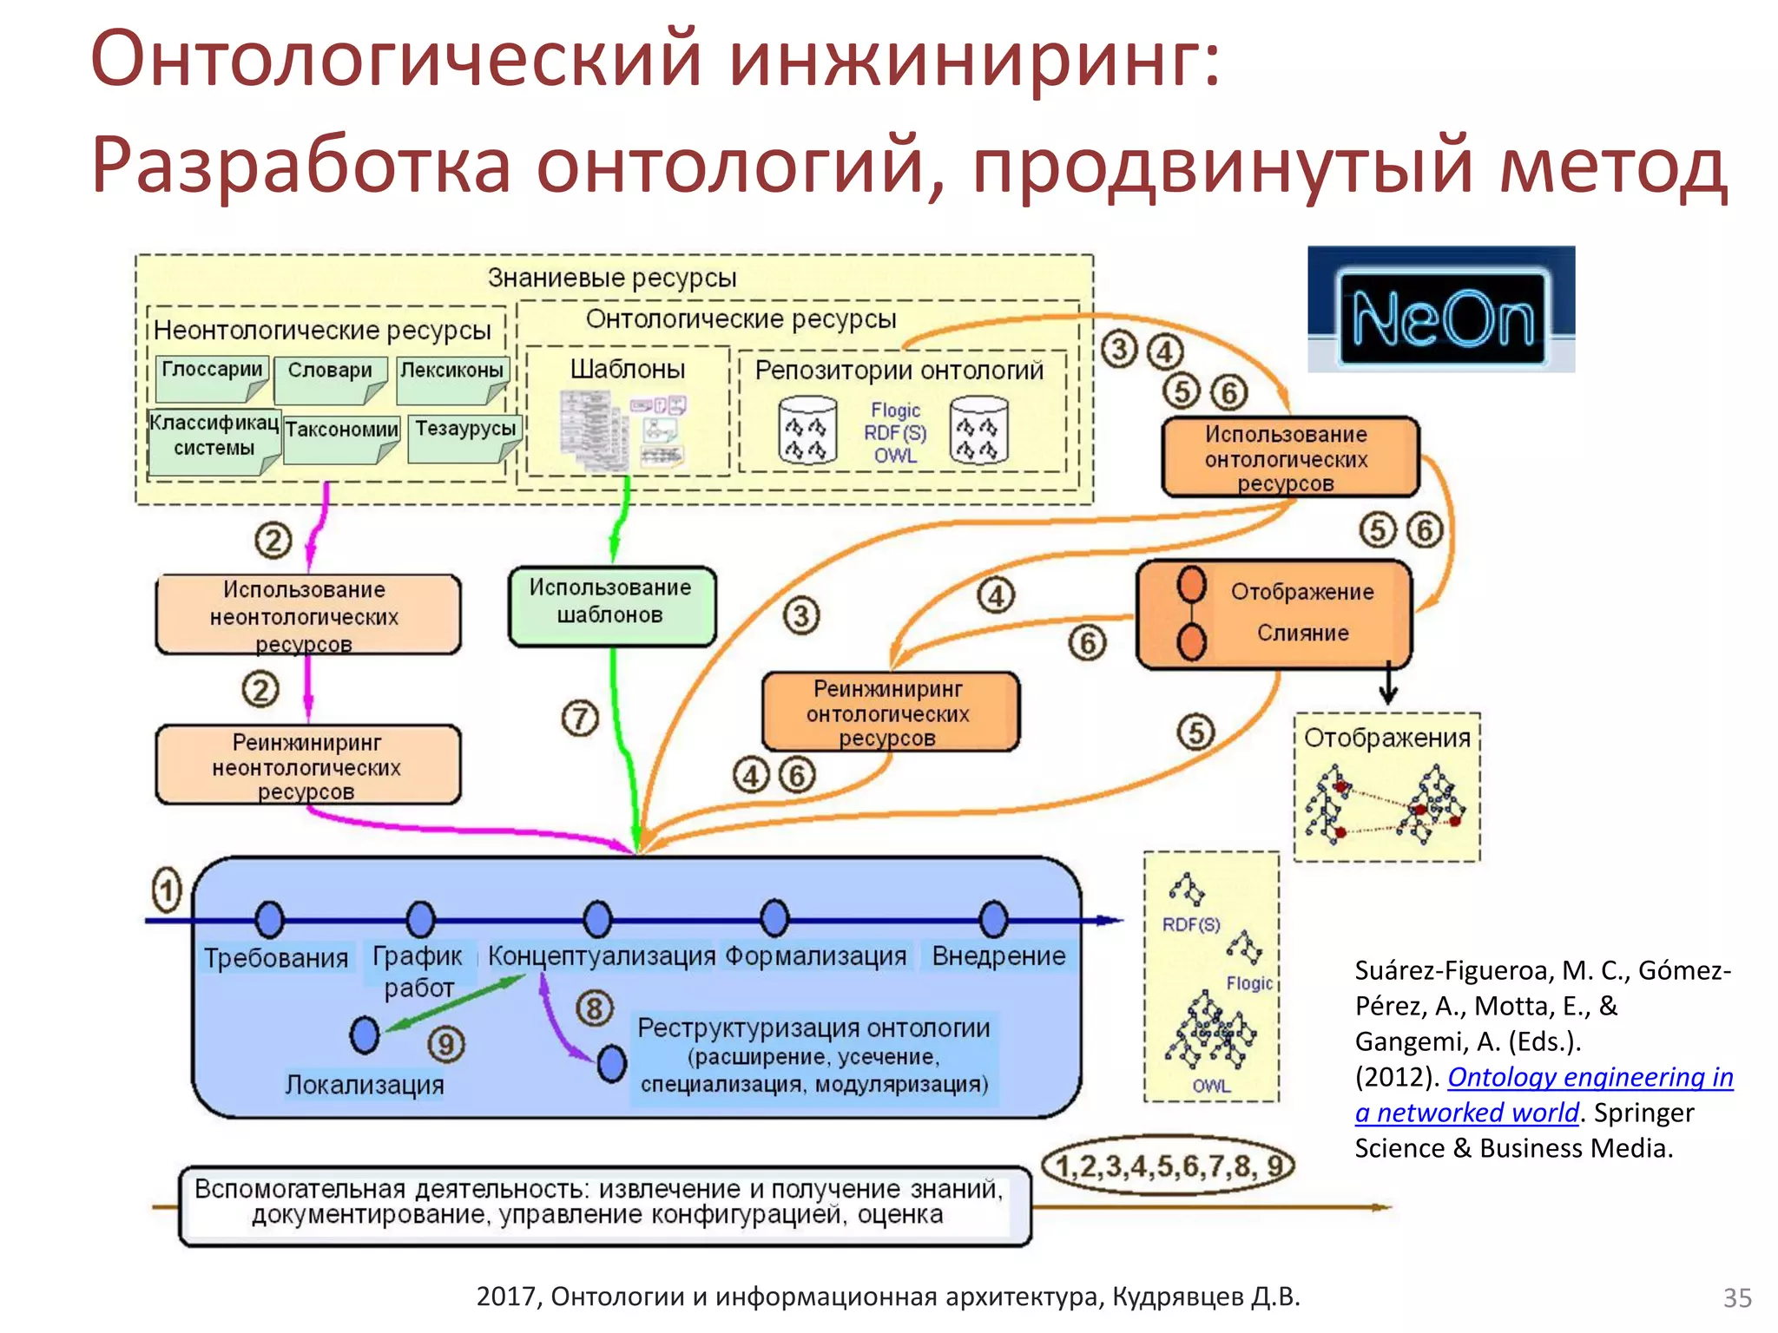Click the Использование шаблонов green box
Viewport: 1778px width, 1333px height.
pyautogui.click(x=611, y=605)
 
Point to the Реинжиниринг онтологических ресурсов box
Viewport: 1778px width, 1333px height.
pyautogui.click(x=889, y=712)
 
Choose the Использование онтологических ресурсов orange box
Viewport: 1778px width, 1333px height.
pyautogui.click(x=1288, y=457)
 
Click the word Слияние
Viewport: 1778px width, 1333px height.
pyautogui.click(x=1302, y=633)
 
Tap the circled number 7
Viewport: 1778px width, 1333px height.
pyautogui.click(x=580, y=718)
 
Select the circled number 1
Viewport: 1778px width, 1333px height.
pyautogui.click(x=167, y=890)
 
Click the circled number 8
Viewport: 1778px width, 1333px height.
pyautogui.click(x=595, y=1008)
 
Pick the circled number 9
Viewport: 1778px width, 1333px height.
pyautogui.click(x=446, y=1044)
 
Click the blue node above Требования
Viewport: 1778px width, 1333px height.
pyautogui.click(x=270, y=919)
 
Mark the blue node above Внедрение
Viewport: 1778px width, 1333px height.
pyautogui.click(x=993, y=919)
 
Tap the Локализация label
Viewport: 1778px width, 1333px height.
pyautogui.click(x=365, y=1085)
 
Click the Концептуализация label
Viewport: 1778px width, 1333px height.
pyautogui.click(x=601, y=955)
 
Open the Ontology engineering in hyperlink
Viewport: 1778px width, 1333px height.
pyautogui.click(x=1590, y=1077)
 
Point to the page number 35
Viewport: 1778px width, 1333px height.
pyautogui.click(x=1737, y=1298)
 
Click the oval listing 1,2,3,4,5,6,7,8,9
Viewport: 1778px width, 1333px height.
pyautogui.click(x=1168, y=1166)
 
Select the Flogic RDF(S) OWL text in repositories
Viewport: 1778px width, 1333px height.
pyautogui.click(x=895, y=432)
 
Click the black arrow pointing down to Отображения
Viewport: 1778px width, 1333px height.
pyautogui.click(x=1388, y=685)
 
